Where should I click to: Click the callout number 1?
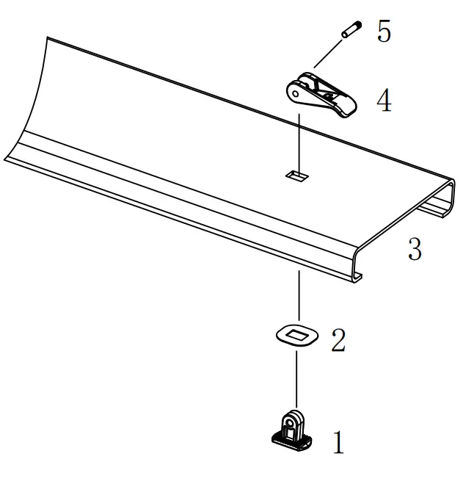[339, 442]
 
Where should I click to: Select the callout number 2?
[338, 339]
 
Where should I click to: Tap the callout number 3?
[415, 250]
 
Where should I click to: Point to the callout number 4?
[384, 101]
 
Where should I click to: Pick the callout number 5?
[384, 32]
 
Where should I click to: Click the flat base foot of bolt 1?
[292, 441]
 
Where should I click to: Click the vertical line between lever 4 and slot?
[299, 140]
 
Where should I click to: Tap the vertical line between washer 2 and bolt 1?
[296, 378]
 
